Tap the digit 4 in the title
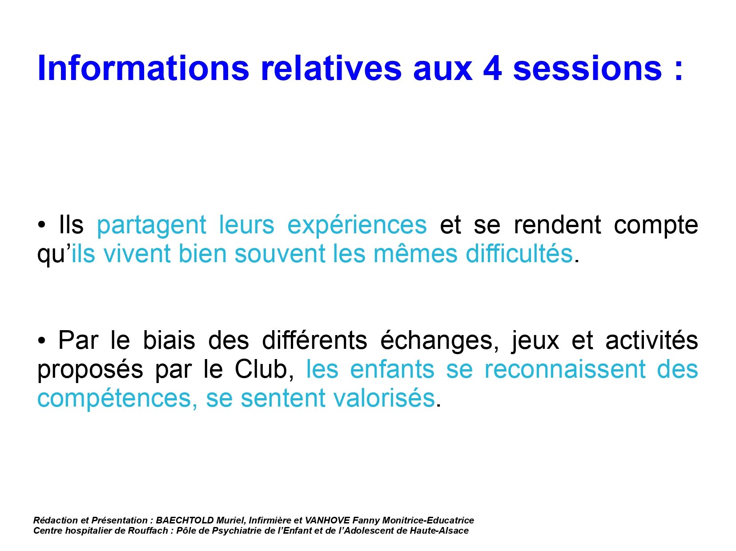pos(492,68)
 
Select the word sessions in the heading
pos(587,68)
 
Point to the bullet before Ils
pos(41,225)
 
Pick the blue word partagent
pos(151,226)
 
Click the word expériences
pos(357,226)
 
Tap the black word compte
pos(656,226)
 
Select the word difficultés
pos(519,254)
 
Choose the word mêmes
pos(415,254)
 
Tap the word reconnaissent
pos(565,369)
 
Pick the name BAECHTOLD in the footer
pos(185,520)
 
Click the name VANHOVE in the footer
pos(327,520)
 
